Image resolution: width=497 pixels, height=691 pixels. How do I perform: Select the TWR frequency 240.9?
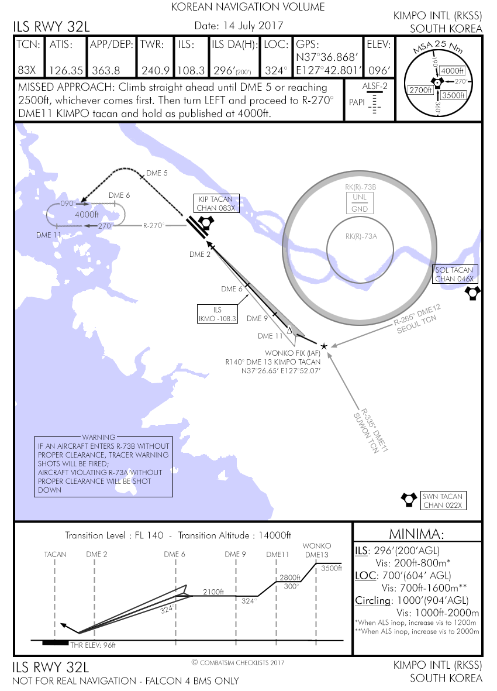point(155,70)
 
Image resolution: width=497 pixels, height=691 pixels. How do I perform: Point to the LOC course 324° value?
point(277,70)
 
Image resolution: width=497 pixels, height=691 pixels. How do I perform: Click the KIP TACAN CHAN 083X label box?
point(217,204)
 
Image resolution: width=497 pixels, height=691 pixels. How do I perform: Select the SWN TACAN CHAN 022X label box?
point(442,501)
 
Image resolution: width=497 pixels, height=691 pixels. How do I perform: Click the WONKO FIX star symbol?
point(324,346)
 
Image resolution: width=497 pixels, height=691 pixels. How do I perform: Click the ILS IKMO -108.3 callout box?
point(218,314)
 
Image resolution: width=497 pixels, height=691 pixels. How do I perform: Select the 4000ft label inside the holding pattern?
point(87,214)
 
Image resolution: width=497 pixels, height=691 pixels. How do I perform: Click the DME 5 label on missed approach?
point(156,173)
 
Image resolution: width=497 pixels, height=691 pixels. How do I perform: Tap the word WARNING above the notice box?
point(99,437)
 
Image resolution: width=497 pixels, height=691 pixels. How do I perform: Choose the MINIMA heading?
point(417,534)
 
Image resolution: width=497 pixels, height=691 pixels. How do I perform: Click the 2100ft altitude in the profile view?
point(213,592)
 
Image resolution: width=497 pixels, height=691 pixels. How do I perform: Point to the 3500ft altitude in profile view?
point(330,568)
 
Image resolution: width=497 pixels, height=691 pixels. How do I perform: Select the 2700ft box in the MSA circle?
point(420,90)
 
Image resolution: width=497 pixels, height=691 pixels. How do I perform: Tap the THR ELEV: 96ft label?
point(93,645)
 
